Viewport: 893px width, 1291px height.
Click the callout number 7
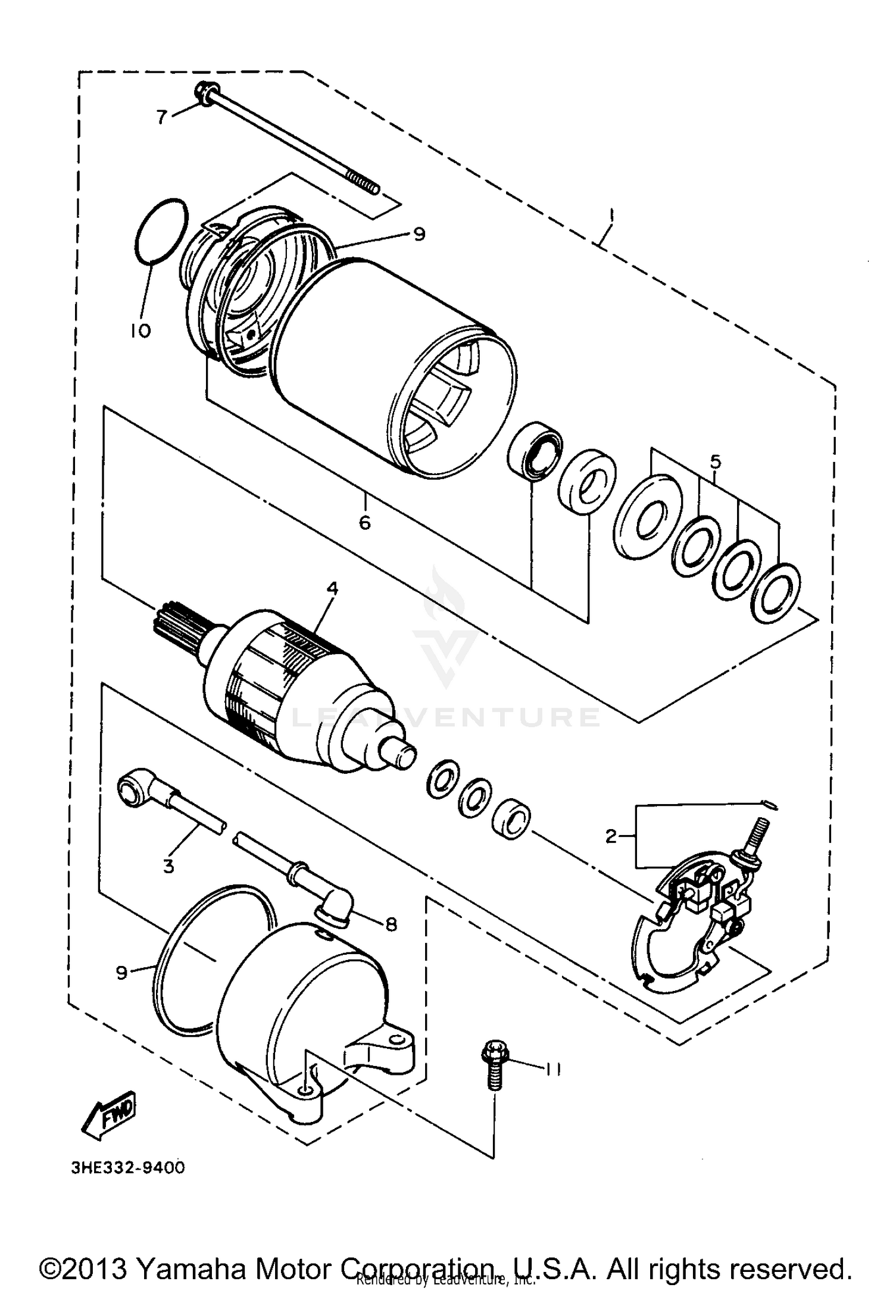click(x=162, y=117)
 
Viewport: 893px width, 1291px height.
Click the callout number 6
click(x=364, y=522)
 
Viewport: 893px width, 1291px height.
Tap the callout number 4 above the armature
click(x=332, y=589)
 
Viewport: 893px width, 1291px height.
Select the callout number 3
click(x=168, y=866)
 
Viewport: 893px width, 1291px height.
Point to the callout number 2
click(x=611, y=836)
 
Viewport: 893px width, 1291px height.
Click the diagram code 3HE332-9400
click(x=129, y=1168)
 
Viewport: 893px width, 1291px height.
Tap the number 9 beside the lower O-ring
click(x=121, y=973)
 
